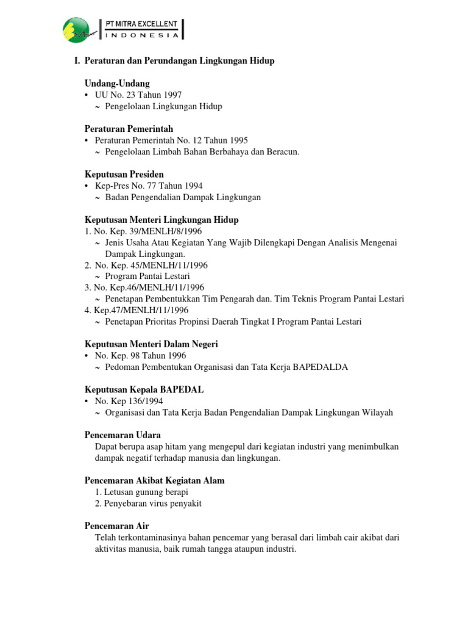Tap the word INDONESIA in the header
pos(142,35)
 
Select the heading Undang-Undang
pos(117,83)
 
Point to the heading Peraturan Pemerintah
pos(129,129)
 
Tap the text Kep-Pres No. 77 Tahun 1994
pos(149,186)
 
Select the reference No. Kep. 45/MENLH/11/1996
pos(151,265)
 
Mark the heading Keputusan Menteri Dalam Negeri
pos(151,344)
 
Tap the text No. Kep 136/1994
pos(129,401)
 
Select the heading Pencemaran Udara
pos(122,435)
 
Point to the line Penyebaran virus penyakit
pos(148,504)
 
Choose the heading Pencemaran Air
pos(116,526)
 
